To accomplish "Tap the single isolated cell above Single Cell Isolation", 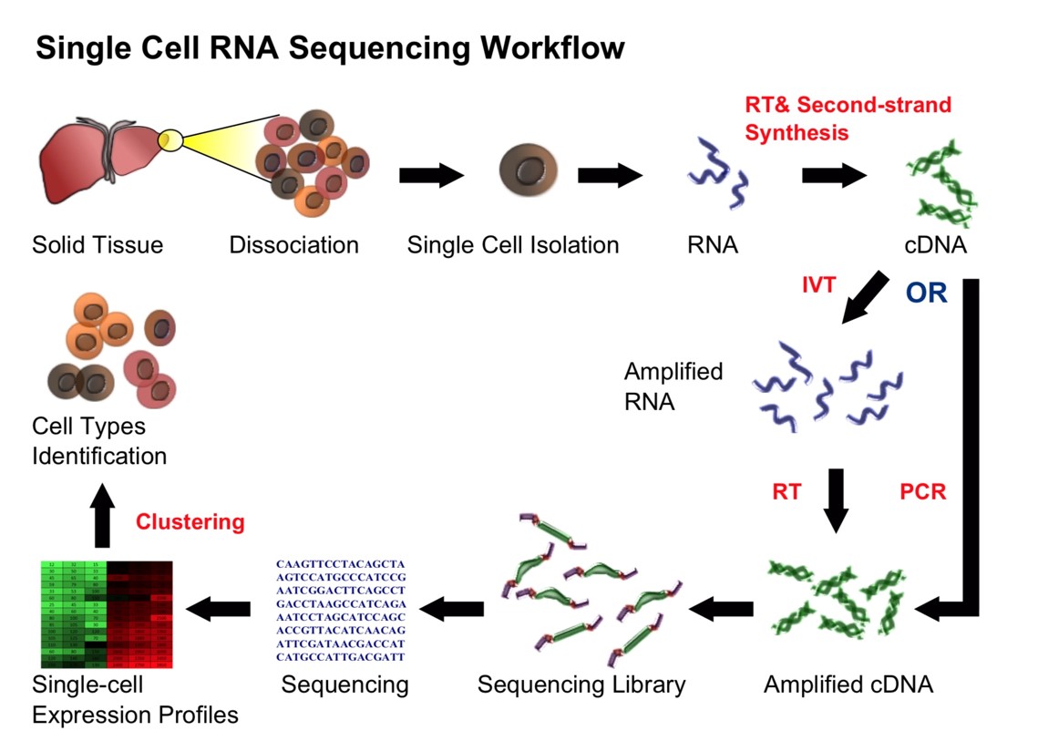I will pyautogui.click(x=529, y=171).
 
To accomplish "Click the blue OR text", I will pyautogui.click(x=926, y=293).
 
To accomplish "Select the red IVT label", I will pyautogui.click(x=817, y=285).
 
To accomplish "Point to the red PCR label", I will pyautogui.click(x=923, y=492).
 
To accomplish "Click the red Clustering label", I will pyautogui.click(x=190, y=522).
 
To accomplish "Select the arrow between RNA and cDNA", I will pyautogui.click(x=834, y=175).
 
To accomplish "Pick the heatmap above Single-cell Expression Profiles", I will pyautogui.click(x=107, y=615).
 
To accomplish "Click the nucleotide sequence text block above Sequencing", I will pyautogui.click(x=340, y=611).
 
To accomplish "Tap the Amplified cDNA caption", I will pyautogui.click(x=848, y=685).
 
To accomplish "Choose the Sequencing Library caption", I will pyautogui.click(x=581, y=685).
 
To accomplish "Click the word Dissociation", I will pyautogui.click(x=293, y=244).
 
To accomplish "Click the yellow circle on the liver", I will pyautogui.click(x=170, y=140).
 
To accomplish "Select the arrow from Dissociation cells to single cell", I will pyautogui.click(x=432, y=175).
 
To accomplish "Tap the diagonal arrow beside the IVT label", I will pyautogui.click(x=865, y=295).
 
